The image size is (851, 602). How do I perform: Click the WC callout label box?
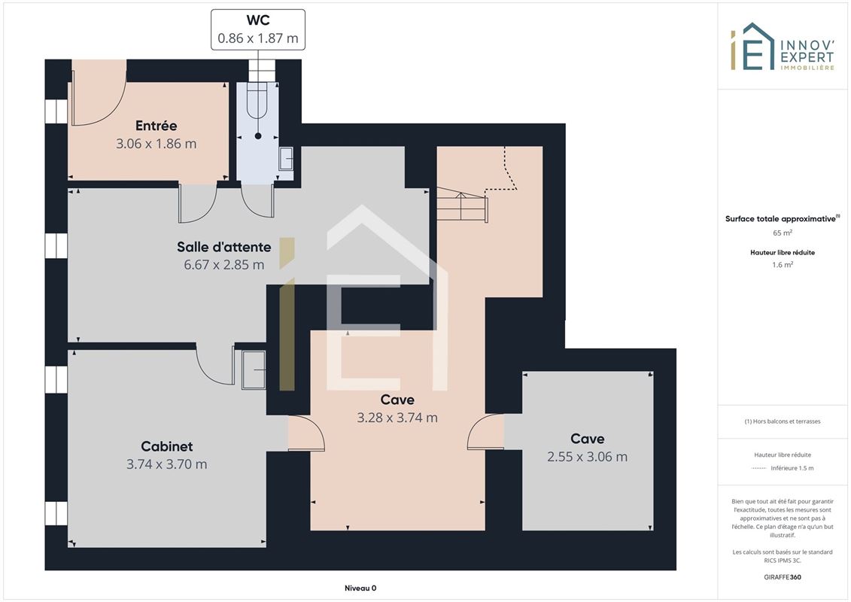(x=258, y=30)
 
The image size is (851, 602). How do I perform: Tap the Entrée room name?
(x=157, y=126)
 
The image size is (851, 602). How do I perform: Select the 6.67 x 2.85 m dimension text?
(x=223, y=265)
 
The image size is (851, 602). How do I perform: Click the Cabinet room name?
(x=166, y=446)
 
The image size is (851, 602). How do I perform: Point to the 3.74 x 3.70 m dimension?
(x=166, y=464)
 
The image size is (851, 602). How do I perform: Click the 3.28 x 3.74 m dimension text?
(x=397, y=418)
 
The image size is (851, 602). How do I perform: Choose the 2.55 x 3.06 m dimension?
(x=587, y=457)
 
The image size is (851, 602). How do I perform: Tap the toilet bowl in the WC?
(x=257, y=100)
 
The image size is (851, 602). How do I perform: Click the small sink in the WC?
(x=285, y=159)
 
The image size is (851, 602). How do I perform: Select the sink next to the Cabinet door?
(x=254, y=369)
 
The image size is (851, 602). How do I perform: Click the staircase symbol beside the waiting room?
(x=462, y=204)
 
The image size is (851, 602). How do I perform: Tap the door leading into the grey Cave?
(x=485, y=431)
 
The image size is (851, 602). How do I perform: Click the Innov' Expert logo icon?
(x=752, y=47)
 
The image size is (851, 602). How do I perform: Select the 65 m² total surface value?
(x=783, y=233)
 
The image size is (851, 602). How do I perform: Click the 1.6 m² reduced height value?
(x=783, y=265)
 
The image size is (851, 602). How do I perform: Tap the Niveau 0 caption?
(x=360, y=588)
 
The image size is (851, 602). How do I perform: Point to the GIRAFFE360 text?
(x=783, y=577)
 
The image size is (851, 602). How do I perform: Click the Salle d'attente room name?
(x=223, y=247)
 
